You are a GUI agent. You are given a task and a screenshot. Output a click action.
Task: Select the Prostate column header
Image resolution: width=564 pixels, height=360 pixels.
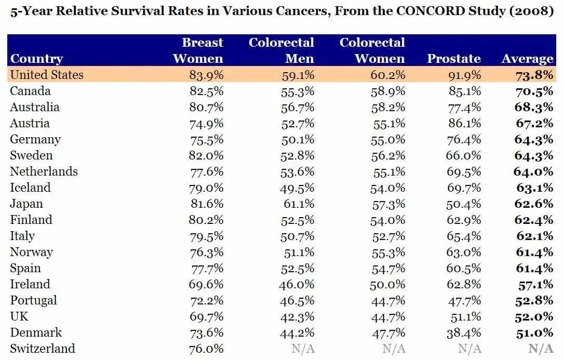[x=453, y=59]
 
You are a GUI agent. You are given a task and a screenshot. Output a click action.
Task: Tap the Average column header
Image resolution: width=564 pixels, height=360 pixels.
[x=527, y=59]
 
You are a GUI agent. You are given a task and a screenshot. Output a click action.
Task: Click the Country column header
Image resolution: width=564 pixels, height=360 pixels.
[x=36, y=59]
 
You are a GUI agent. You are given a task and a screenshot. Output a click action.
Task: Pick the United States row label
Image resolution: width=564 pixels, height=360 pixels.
[x=46, y=75]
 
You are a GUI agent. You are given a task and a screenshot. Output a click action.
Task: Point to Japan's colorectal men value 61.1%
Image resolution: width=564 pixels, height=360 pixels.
[x=298, y=204]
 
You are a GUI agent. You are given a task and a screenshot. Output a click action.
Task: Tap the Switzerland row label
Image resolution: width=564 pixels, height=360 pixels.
[x=42, y=349]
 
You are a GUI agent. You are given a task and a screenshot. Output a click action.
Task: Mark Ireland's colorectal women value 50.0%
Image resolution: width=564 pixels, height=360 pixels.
[x=387, y=285]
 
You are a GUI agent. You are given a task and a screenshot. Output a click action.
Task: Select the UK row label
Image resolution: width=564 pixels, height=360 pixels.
[x=19, y=316]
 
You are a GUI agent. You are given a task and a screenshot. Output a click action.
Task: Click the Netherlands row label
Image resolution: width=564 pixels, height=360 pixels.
[x=44, y=171]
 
